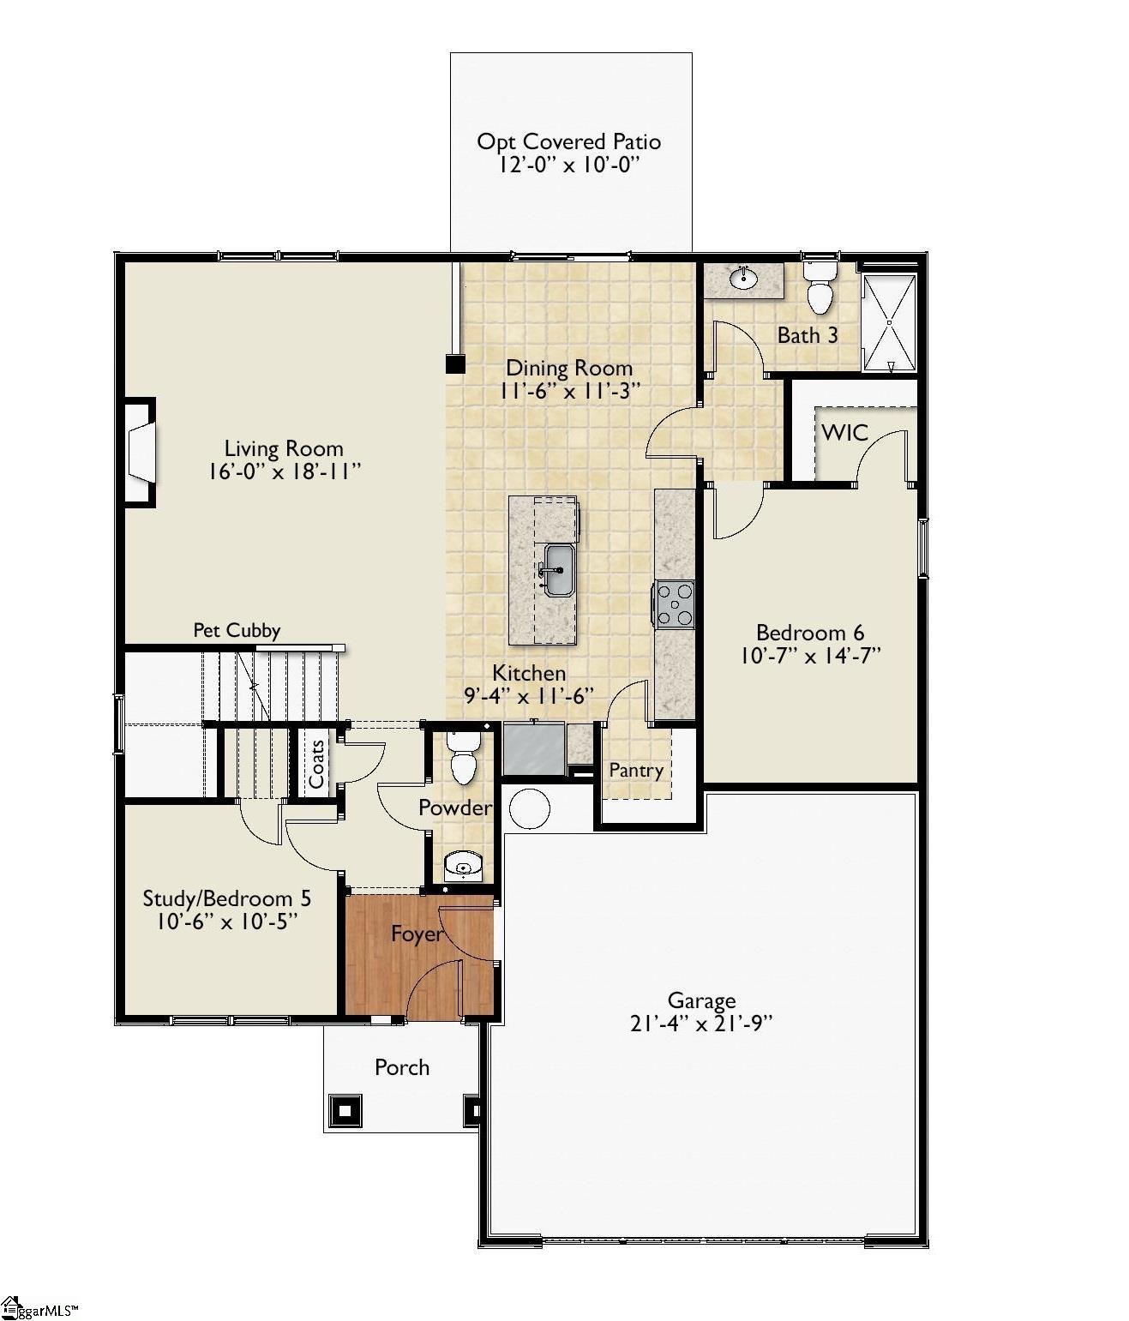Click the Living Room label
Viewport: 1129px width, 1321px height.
(284, 448)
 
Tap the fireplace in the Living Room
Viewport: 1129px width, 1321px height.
(141, 453)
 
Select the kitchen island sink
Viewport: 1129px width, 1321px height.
(559, 570)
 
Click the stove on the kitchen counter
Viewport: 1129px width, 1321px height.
(675, 603)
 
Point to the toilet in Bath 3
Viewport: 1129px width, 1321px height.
(820, 289)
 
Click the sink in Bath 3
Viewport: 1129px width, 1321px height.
(742, 278)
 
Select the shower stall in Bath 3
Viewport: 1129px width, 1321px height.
(890, 322)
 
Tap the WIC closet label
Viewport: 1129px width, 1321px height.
(844, 433)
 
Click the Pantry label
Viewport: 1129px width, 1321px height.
(636, 770)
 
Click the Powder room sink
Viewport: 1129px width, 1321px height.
(464, 865)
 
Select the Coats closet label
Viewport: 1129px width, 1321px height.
(316, 764)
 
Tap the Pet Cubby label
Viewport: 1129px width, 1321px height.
(237, 630)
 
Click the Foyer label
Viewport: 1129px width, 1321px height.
(417, 934)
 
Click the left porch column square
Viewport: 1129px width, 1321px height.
(345, 1111)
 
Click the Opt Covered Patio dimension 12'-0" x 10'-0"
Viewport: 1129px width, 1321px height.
(569, 165)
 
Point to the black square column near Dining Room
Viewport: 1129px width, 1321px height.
(455, 364)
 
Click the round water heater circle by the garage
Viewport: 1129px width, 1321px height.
(529, 808)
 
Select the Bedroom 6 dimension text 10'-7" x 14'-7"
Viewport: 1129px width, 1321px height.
(810, 656)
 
